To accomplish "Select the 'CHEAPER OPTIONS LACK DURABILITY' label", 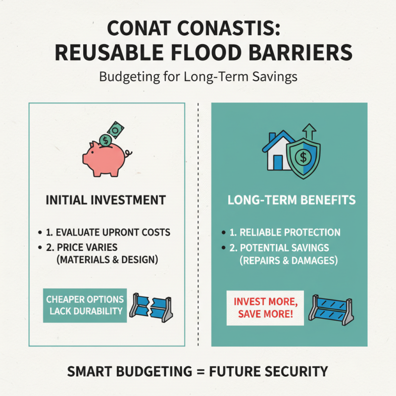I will [85, 305].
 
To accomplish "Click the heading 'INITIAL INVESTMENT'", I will [105, 200].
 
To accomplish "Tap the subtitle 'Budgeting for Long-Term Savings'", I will [198, 77].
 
